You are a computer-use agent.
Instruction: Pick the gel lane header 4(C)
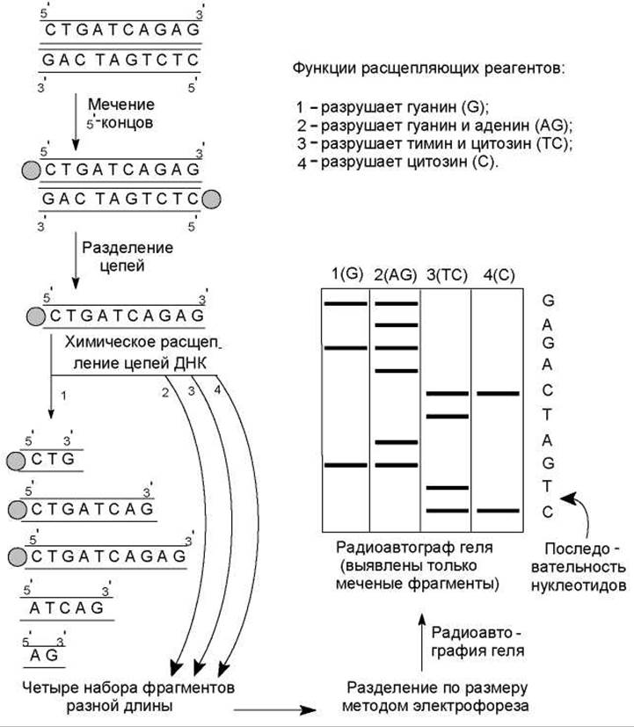coord(499,274)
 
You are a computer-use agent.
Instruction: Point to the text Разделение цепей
coord(127,256)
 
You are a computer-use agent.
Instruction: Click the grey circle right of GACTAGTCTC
coord(211,199)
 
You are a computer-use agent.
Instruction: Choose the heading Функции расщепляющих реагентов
coord(428,68)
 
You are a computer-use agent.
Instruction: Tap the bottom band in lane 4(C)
coord(499,510)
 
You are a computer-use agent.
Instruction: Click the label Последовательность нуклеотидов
coord(584,566)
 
